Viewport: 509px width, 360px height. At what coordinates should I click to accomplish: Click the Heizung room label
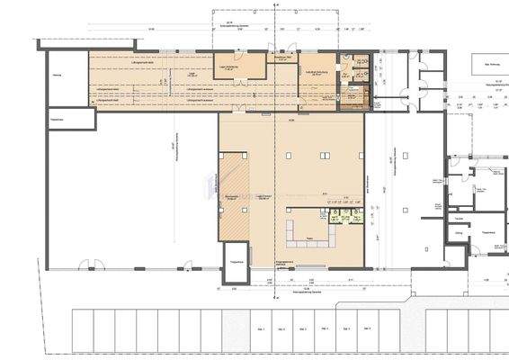[57, 76]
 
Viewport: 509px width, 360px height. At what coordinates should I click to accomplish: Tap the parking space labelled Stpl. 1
[259, 329]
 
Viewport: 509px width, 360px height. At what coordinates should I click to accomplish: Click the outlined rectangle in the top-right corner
[489, 66]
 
